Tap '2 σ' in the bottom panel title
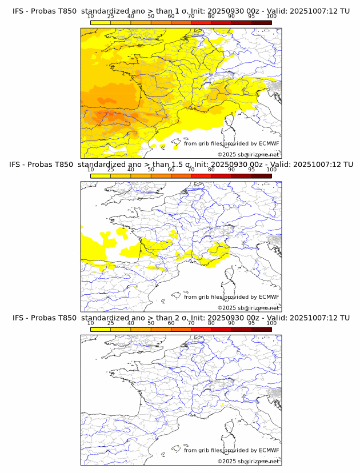[x=174, y=318]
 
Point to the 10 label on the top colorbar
[x=91, y=16]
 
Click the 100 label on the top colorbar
[x=271, y=16]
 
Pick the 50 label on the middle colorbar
[x=151, y=170]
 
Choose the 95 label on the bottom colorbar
[x=251, y=323]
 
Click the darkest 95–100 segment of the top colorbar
[x=261, y=23]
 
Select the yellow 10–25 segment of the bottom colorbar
[x=101, y=330]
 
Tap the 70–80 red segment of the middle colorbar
[x=201, y=177]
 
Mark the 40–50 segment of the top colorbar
[x=141, y=23]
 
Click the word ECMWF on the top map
[x=269, y=143]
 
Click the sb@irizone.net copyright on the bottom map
[x=248, y=462]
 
